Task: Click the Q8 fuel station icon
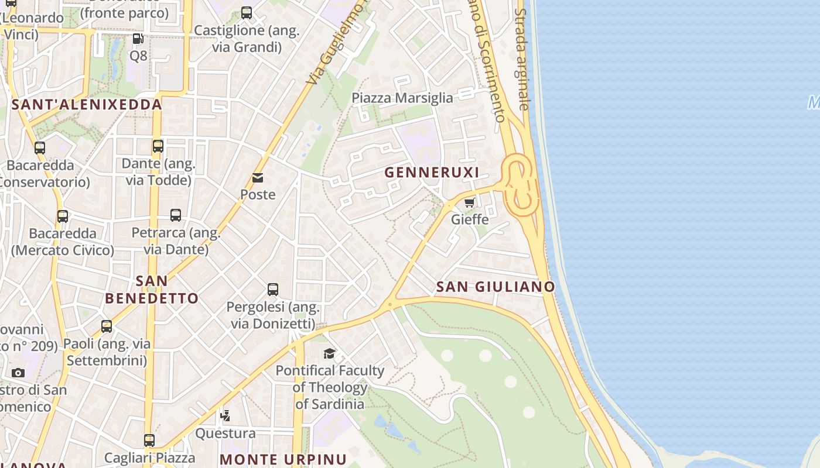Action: [x=138, y=39]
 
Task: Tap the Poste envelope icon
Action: [x=258, y=178]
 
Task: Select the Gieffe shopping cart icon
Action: [x=469, y=203]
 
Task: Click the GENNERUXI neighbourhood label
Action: [x=432, y=173]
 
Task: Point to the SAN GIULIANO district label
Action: [x=496, y=287]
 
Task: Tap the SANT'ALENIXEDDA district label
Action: [x=87, y=105]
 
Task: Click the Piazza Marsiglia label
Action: [x=402, y=98]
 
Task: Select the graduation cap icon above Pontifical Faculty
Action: [x=329, y=353]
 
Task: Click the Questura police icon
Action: [x=225, y=416]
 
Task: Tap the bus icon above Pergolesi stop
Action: [x=273, y=289]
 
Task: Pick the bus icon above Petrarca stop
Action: [x=176, y=215]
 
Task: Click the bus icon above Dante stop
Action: [x=158, y=146]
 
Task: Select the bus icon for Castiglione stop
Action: [x=247, y=13]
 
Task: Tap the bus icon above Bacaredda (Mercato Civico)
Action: [x=63, y=216]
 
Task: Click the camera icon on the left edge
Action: [x=18, y=373]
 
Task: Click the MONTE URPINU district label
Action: [x=283, y=459]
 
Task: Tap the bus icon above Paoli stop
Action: [x=107, y=326]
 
